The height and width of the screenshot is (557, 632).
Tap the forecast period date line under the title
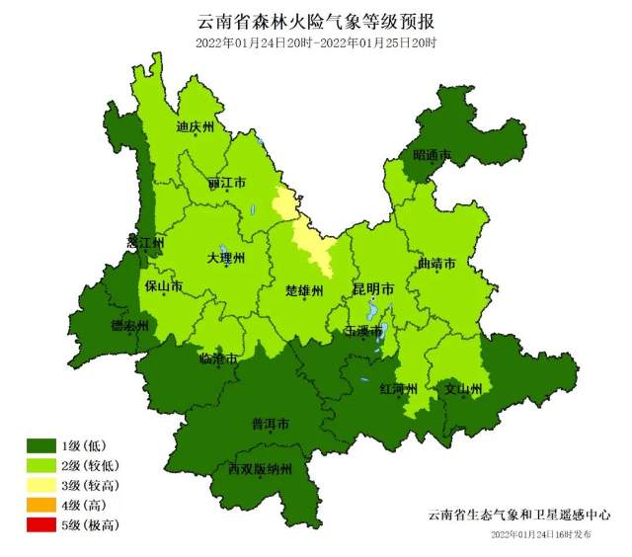[316, 43]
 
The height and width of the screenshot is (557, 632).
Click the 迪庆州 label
[195, 126]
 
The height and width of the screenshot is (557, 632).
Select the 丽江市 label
[226, 184]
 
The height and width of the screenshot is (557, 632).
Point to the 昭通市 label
[432, 155]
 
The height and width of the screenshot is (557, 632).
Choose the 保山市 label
[163, 286]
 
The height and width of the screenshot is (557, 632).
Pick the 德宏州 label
[129, 326]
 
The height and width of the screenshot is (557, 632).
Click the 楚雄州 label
[303, 290]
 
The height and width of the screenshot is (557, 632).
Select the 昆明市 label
[373, 289]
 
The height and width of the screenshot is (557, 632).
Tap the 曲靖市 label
[436, 264]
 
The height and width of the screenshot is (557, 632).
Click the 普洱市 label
[270, 425]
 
